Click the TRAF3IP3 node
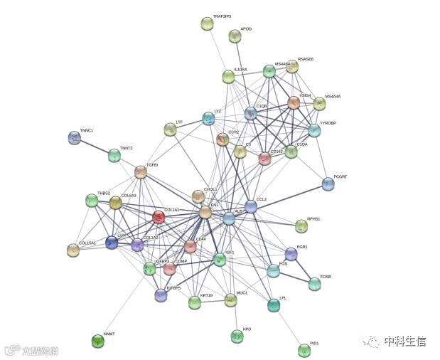[x=208, y=24]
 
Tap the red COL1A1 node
[x=159, y=216]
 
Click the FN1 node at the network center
[x=205, y=212]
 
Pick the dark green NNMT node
[x=98, y=341]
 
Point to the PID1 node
[x=304, y=350]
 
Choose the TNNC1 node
[x=74, y=137]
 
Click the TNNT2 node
[x=114, y=155]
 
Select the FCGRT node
[x=328, y=184]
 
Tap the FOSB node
[x=314, y=284]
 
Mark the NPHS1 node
[x=301, y=226]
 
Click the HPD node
[x=237, y=336]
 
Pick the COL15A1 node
[x=73, y=250]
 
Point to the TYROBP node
[x=314, y=130]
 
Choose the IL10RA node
[x=228, y=76]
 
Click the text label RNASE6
[x=306, y=59]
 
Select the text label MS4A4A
[x=333, y=96]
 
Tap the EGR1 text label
[x=302, y=247]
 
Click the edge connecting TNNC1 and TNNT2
[x=94, y=147]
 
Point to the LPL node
[x=274, y=305]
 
